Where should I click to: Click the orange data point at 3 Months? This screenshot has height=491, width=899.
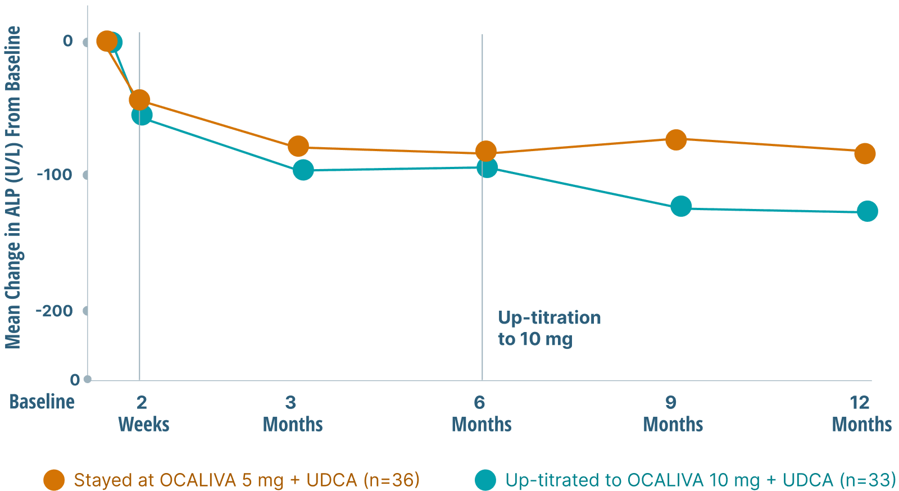click(298, 147)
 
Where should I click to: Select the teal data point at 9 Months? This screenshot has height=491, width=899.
click(681, 206)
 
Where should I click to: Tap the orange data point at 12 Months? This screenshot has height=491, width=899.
click(865, 153)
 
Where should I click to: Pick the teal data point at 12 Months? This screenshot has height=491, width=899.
click(868, 211)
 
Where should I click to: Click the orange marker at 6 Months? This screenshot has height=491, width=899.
click(486, 151)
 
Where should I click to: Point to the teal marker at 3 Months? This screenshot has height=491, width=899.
click(303, 170)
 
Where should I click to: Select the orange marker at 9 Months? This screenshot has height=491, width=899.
click(676, 139)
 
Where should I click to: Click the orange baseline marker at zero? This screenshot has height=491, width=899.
click(106, 41)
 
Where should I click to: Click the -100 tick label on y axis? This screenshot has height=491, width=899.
click(55, 175)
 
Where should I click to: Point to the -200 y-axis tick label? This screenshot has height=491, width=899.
click(55, 311)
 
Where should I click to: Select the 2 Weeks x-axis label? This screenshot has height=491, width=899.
click(143, 413)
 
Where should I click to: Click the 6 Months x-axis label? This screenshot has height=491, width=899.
click(482, 413)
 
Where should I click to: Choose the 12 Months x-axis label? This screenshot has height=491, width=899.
click(861, 413)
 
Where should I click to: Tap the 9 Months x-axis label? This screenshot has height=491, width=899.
click(673, 413)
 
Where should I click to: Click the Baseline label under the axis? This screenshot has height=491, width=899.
click(42, 402)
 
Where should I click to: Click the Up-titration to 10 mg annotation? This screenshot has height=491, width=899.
click(548, 328)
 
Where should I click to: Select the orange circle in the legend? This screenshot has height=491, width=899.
click(54, 480)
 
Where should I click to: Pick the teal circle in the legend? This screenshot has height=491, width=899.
click(485, 480)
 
